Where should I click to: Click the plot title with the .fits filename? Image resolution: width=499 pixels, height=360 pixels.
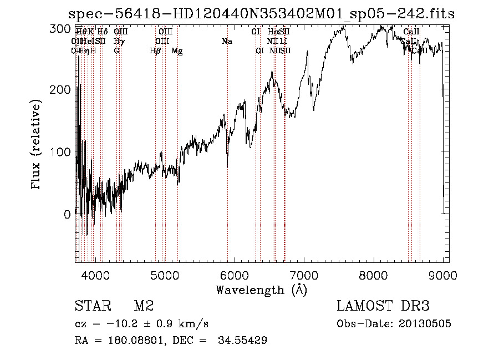pos(261,14)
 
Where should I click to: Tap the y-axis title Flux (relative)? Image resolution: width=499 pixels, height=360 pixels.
pos(37,145)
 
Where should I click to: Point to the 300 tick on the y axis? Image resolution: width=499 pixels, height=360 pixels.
pos(64,28)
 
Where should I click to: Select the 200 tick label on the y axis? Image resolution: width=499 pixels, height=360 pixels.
pos(64,89)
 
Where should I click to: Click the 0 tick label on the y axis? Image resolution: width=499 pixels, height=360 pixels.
pos(68,214)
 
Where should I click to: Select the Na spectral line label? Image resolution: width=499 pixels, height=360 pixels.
pos(227,41)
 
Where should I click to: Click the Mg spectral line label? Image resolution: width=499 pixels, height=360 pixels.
pos(177,51)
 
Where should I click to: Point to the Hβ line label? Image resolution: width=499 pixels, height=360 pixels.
pos(156,51)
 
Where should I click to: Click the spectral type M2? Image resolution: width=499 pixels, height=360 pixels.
pos(143,306)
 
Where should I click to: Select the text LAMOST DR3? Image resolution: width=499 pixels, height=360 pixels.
pos(383,306)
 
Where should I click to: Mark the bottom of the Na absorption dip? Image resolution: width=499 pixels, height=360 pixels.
pos(227,166)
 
